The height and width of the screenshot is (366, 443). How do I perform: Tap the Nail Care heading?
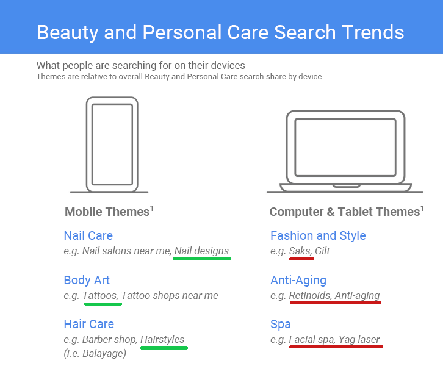pyautogui.click(x=88, y=235)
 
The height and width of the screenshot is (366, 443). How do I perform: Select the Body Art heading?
pyautogui.click(x=87, y=280)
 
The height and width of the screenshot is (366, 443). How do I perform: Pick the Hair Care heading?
pyautogui.click(x=89, y=324)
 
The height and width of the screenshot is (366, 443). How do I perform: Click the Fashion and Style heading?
pyautogui.click(x=318, y=235)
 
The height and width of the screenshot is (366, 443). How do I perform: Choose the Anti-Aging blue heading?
pyautogui.click(x=298, y=281)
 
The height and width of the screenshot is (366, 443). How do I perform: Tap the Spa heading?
pyautogui.click(x=281, y=324)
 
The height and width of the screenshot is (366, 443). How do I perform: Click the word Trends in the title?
pyautogui.click(x=373, y=32)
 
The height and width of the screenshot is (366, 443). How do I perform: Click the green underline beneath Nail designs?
pyautogui.click(x=202, y=259)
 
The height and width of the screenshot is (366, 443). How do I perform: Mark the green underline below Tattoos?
pyautogui.click(x=103, y=304)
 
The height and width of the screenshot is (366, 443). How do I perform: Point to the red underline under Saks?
pyautogui.click(x=301, y=259)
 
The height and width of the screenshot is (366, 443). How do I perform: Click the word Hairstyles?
pyautogui.click(x=162, y=339)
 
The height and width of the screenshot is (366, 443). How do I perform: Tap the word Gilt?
pyautogui.click(x=322, y=251)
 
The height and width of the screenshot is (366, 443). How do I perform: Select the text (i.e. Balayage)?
pyautogui.click(x=95, y=353)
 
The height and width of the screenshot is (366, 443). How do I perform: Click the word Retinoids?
pyautogui.click(x=310, y=295)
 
